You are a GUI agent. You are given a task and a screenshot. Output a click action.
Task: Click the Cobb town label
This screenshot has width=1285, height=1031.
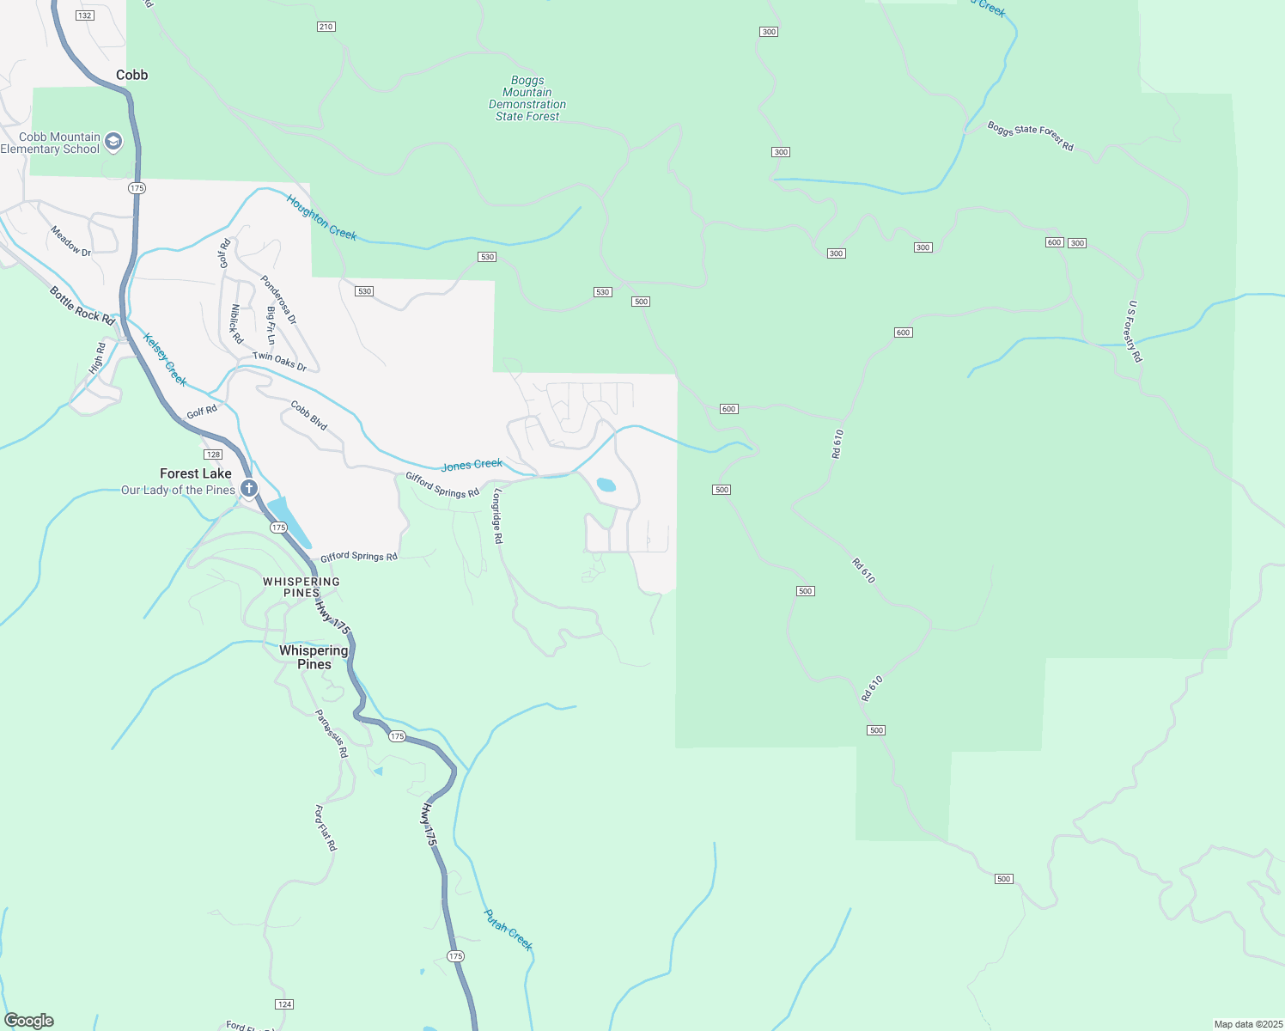132,75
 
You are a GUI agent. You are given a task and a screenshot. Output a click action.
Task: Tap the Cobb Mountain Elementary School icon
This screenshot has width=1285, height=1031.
113,143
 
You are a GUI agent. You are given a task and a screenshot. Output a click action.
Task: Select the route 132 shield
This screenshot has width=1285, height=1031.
84,15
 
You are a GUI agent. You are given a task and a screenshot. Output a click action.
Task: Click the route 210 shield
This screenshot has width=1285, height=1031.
326,27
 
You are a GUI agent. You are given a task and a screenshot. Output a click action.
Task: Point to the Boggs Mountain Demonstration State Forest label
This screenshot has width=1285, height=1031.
527,99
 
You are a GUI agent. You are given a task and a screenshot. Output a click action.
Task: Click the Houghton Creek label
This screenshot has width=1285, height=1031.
321,217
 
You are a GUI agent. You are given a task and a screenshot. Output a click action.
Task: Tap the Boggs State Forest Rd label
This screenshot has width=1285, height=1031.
1030,136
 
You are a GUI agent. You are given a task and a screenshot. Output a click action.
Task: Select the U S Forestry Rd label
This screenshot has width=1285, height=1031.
1135,331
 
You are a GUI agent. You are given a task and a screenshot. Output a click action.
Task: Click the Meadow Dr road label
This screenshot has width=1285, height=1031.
70,241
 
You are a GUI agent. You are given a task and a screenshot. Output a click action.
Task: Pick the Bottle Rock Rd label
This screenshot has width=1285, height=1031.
82,305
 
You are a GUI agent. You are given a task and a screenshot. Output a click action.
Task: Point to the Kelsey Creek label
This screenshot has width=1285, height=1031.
165,359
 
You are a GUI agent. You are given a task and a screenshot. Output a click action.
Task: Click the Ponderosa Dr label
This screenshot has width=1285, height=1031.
278,300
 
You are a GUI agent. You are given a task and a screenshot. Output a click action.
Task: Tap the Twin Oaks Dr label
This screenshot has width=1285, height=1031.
279,362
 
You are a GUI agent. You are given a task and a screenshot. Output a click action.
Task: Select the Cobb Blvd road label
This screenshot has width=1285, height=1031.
308,415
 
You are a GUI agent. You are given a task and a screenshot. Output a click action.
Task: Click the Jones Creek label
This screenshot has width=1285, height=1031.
472,465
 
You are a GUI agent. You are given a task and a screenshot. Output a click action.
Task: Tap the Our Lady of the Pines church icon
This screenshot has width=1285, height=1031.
249,490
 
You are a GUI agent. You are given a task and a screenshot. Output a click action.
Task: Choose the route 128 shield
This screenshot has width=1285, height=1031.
213,454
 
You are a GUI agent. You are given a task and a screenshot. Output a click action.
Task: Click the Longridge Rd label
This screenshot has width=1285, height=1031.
497,515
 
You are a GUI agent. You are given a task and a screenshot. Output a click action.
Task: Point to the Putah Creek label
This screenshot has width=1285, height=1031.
509,930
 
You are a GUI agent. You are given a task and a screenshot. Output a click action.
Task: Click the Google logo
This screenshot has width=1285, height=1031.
29,1020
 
